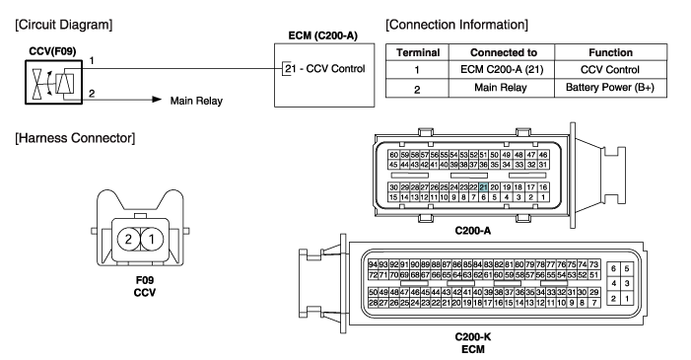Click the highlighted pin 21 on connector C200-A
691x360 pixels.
pyautogui.click(x=483, y=187)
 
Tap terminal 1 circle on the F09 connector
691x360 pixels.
pyautogui.click(x=152, y=239)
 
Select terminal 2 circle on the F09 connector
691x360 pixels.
pyautogui.click(x=128, y=239)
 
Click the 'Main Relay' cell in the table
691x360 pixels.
pyautogui.click(x=501, y=88)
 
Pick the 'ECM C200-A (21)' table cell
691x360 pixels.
pyautogui.click(x=501, y=70)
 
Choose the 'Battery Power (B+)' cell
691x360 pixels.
pyautogui.click(x=610, y=88)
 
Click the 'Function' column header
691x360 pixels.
pyautogui.click(x=610, y=52)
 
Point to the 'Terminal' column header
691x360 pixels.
pyautogui.click(x=417, y=52)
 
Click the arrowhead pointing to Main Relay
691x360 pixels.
pyautogui.click(x=157, y=100)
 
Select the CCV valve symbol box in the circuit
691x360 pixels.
pyautogui.click(x=54, y=83)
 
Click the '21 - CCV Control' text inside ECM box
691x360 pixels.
pyautogui.click(x=325, y=69)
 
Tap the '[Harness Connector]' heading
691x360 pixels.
pyautogui.click(x=75, y=138)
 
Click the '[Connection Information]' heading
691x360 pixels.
pyautogui.click(x=456, y=25)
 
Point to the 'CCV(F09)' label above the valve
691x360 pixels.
pyautogui.click(x=52, y=51)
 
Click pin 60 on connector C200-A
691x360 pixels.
pyautogui.click(x=393, y=155)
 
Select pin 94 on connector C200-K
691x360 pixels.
pyautogui.click(x=373, y=264)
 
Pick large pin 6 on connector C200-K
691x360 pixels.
pyautogui.click(x=613, y=268)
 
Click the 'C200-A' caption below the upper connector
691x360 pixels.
pyautogui.click(x=473, y=230)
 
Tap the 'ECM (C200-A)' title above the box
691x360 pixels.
pyautogui.click(x=323, y=36)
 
